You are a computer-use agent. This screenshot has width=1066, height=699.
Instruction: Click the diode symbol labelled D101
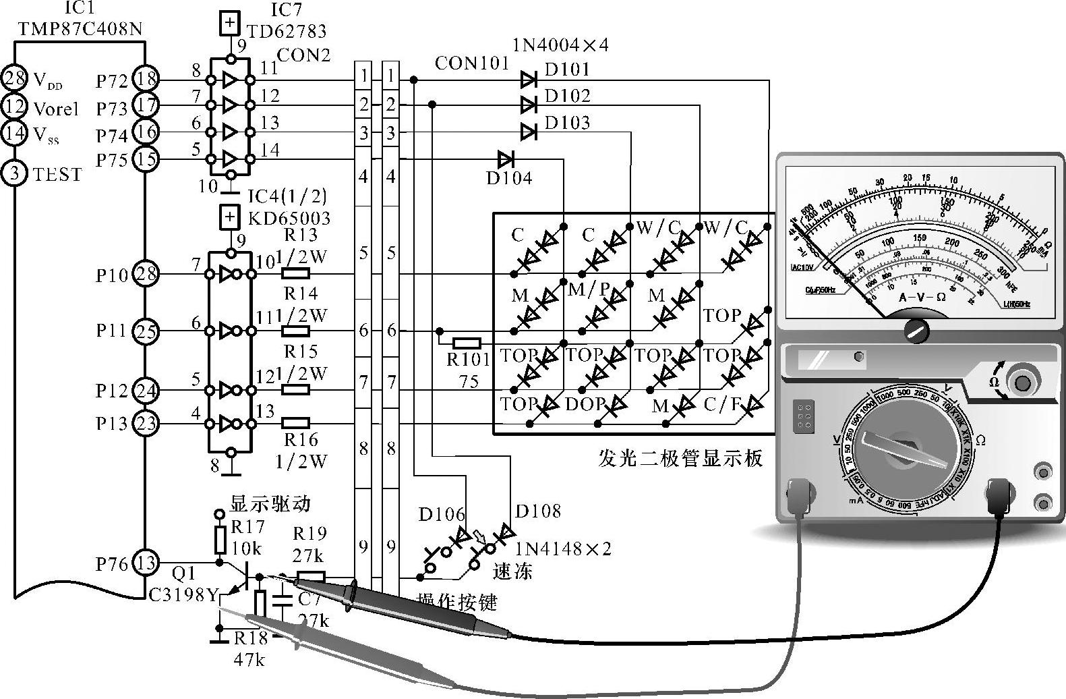[529, 80]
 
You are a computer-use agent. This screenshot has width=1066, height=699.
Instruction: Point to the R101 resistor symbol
[466, 343]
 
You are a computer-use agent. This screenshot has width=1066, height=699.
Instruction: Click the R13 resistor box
[295, 273]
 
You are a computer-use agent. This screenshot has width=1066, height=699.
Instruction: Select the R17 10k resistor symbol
[220, 540]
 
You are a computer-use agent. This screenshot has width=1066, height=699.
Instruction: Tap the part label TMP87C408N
[80, 29]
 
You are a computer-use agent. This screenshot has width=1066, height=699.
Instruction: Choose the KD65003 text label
[289, 218]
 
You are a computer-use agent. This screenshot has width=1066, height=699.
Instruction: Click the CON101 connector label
[472, 63]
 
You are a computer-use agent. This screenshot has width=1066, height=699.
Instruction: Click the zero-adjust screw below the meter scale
[916, 330]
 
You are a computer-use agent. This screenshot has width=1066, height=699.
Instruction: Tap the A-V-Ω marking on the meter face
[922, 297]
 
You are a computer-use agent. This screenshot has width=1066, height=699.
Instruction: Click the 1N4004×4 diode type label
[560, 45]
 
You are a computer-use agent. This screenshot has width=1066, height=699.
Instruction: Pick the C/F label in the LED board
[721, 405]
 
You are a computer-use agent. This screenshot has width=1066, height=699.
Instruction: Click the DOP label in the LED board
[585, 404]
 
